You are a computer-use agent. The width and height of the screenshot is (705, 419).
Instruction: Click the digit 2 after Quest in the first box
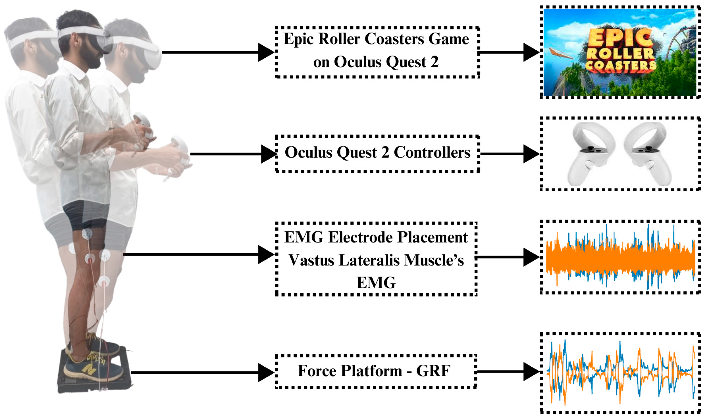click(x=434, y=62)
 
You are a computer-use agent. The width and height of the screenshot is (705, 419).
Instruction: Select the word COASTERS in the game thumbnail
click(x=620, y=66)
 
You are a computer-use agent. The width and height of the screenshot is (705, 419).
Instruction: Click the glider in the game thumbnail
click(x=561, y=54)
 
